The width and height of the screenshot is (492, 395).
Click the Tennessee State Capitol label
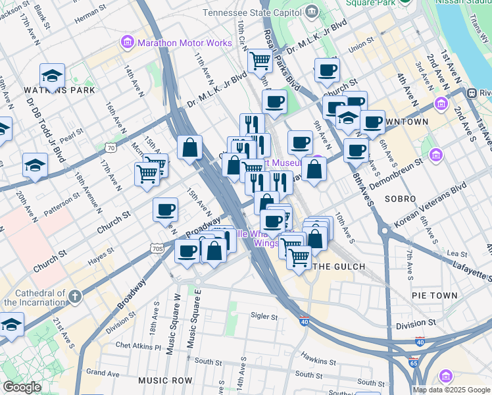click(253, 13)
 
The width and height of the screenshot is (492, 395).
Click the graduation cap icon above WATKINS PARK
click(52, 76)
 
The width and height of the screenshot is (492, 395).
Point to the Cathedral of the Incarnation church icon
click(75, 296)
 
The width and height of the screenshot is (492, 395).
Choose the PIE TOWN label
click(434, 296)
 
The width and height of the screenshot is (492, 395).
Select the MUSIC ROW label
click(165, 381)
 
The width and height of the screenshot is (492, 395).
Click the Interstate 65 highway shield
click(413, 362)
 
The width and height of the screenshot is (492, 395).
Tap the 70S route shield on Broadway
click(157, 248)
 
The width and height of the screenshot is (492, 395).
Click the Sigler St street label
click(265, 316)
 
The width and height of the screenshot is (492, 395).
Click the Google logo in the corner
click(22, 387)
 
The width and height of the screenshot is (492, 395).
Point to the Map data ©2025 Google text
click(451, 390)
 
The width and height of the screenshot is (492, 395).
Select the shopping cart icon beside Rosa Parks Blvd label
click(260, 61)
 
